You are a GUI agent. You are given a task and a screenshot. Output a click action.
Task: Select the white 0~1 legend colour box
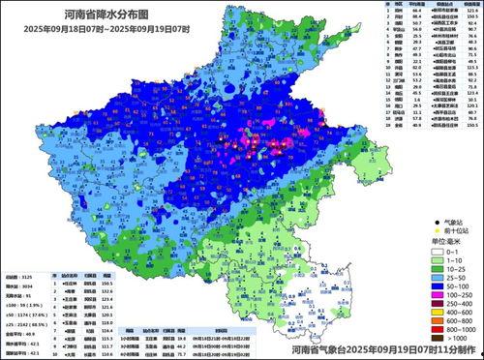point(427,249)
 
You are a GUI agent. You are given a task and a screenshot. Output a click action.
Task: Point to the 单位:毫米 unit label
point(439,240)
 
